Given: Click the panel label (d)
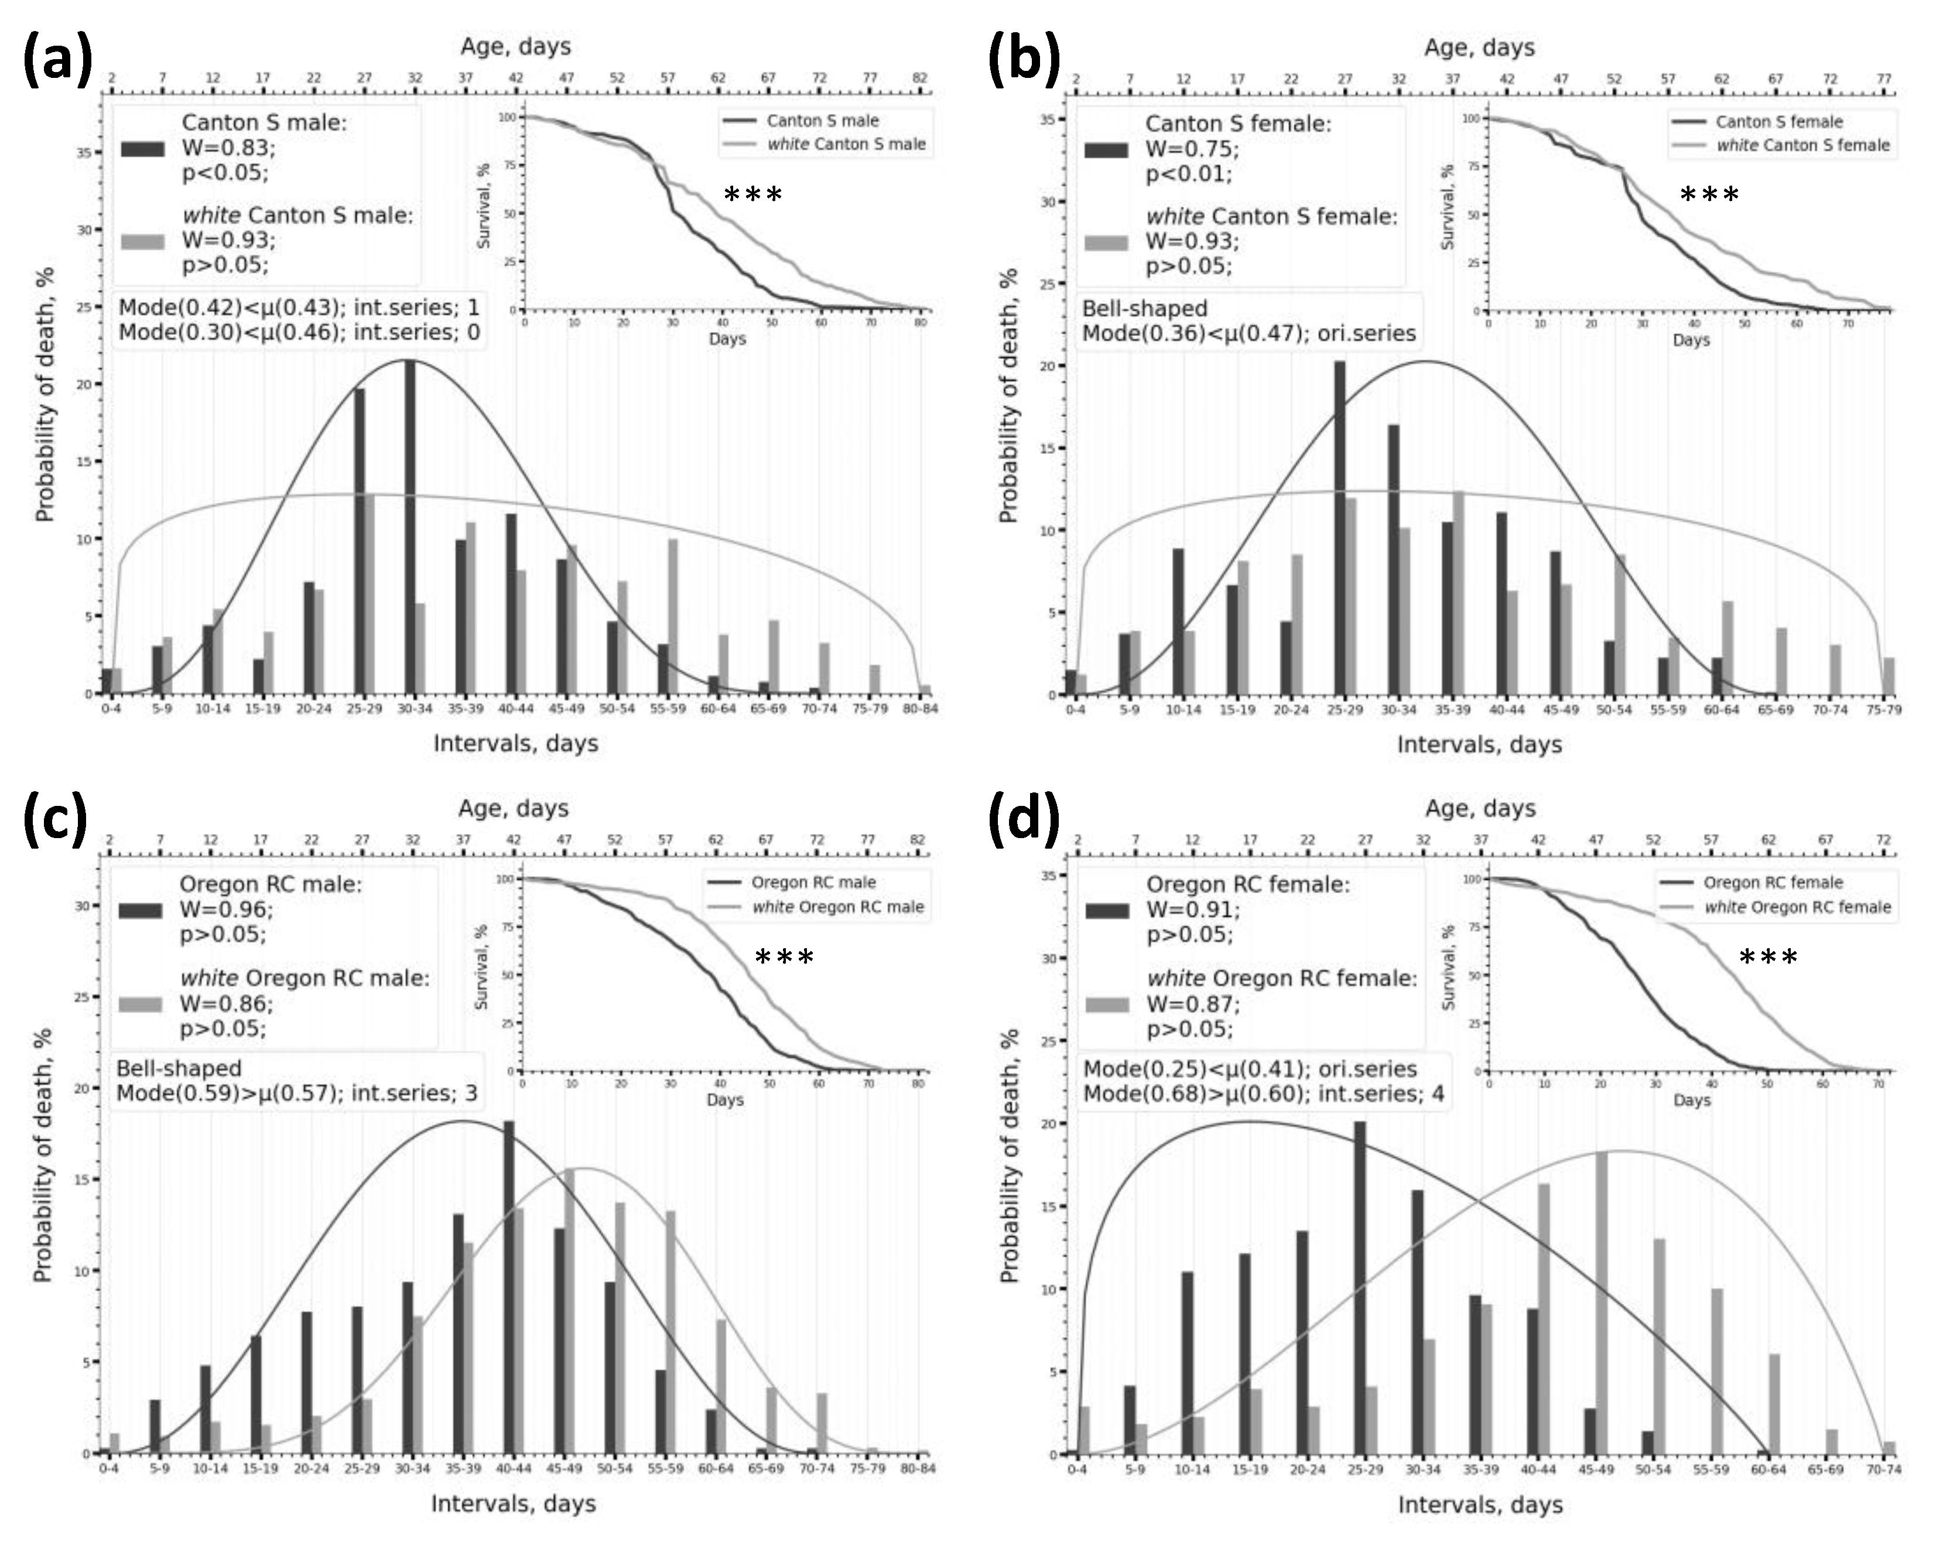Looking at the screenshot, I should point(1024,820).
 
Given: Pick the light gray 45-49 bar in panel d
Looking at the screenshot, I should point(1601,1303).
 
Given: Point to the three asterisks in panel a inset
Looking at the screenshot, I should point(752,195).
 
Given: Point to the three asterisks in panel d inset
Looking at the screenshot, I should point(1768,958).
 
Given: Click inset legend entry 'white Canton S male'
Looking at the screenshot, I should point(846,143).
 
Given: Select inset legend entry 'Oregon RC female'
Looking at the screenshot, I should point(1773,883).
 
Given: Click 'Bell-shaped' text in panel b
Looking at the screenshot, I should point(1144,309).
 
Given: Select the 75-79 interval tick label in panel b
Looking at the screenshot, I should point(1883,710).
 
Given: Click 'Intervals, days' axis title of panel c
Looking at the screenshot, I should point(513,1503).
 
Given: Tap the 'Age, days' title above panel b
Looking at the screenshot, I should point(1479,47).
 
